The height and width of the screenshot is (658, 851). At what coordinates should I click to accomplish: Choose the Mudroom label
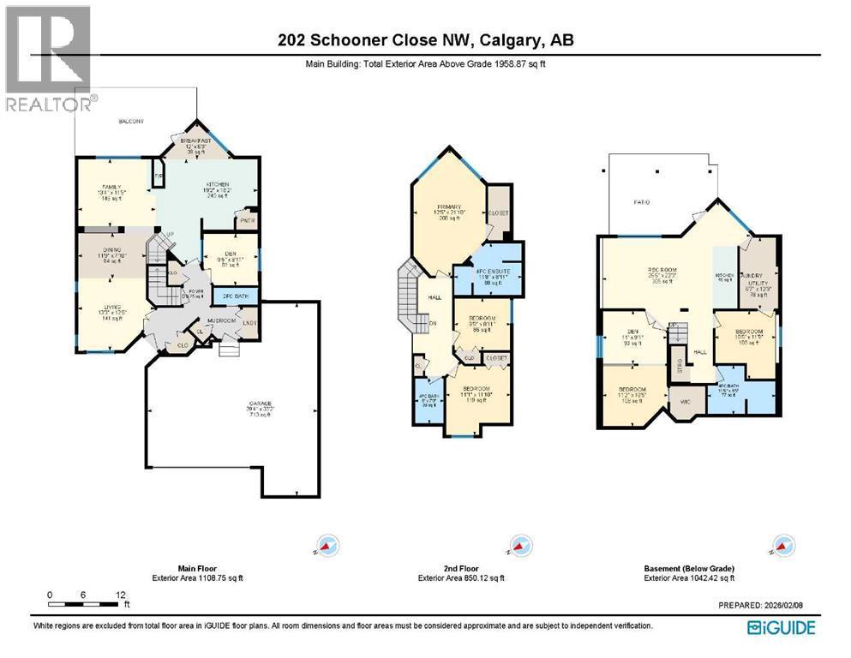(x=221, y=321)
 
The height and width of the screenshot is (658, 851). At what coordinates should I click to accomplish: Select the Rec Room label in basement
(x=662, y=271)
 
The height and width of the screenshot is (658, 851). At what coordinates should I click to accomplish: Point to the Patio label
(x=642, y=202)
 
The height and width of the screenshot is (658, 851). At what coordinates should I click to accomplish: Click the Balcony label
(x=130, y=123)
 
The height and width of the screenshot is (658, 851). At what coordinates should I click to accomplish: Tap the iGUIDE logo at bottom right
(x=781, y=628)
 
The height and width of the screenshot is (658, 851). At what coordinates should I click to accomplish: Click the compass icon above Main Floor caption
(x=330, y=544)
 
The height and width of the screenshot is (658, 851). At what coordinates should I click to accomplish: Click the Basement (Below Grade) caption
(x=689, y=568)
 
